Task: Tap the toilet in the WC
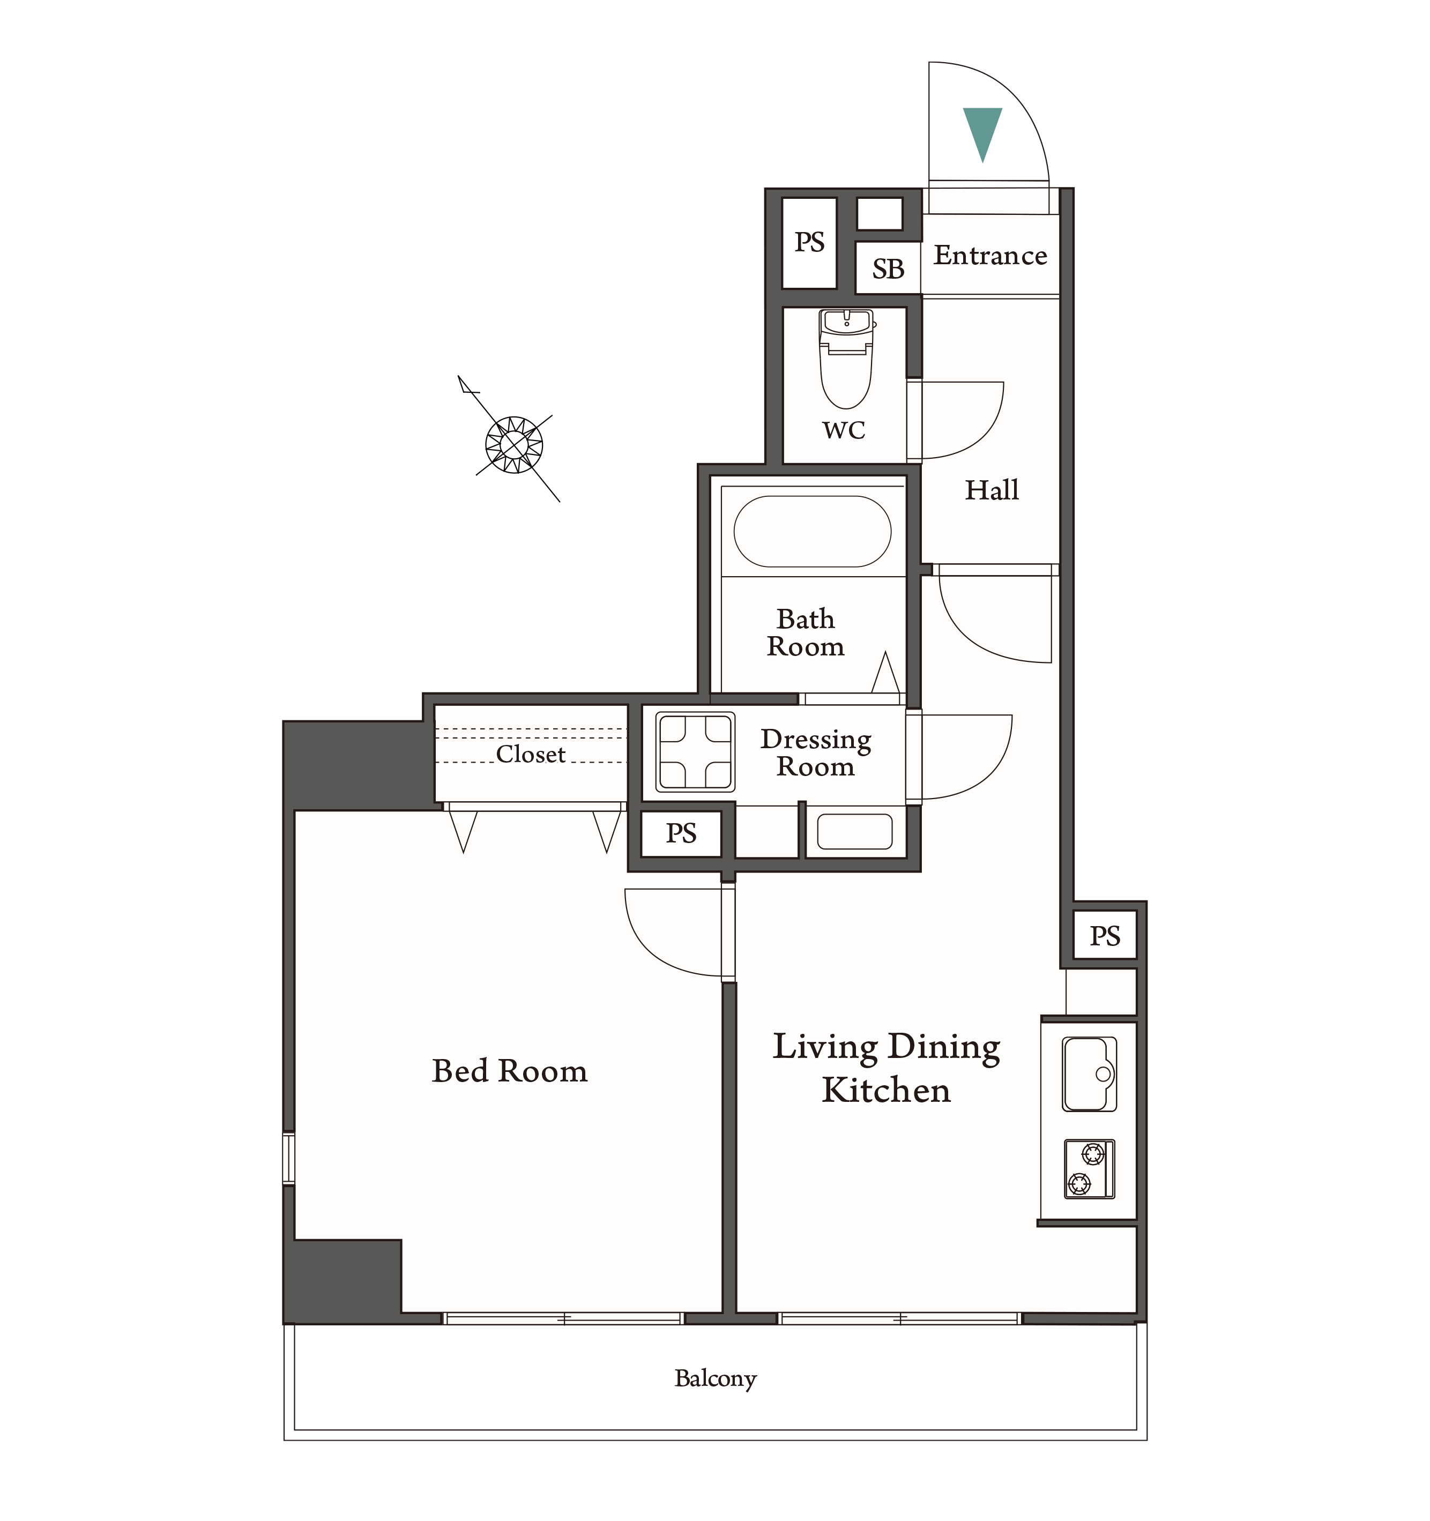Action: point(846,358)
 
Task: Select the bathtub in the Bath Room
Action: point(813,531)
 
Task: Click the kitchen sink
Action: point(1090,1073)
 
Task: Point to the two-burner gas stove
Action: point(1090,1168)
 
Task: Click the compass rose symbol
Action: point(514,444)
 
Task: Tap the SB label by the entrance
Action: point(888,270)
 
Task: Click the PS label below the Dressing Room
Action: point(681,833)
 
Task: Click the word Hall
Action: point(992,490)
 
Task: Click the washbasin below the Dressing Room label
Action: point(855,832)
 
